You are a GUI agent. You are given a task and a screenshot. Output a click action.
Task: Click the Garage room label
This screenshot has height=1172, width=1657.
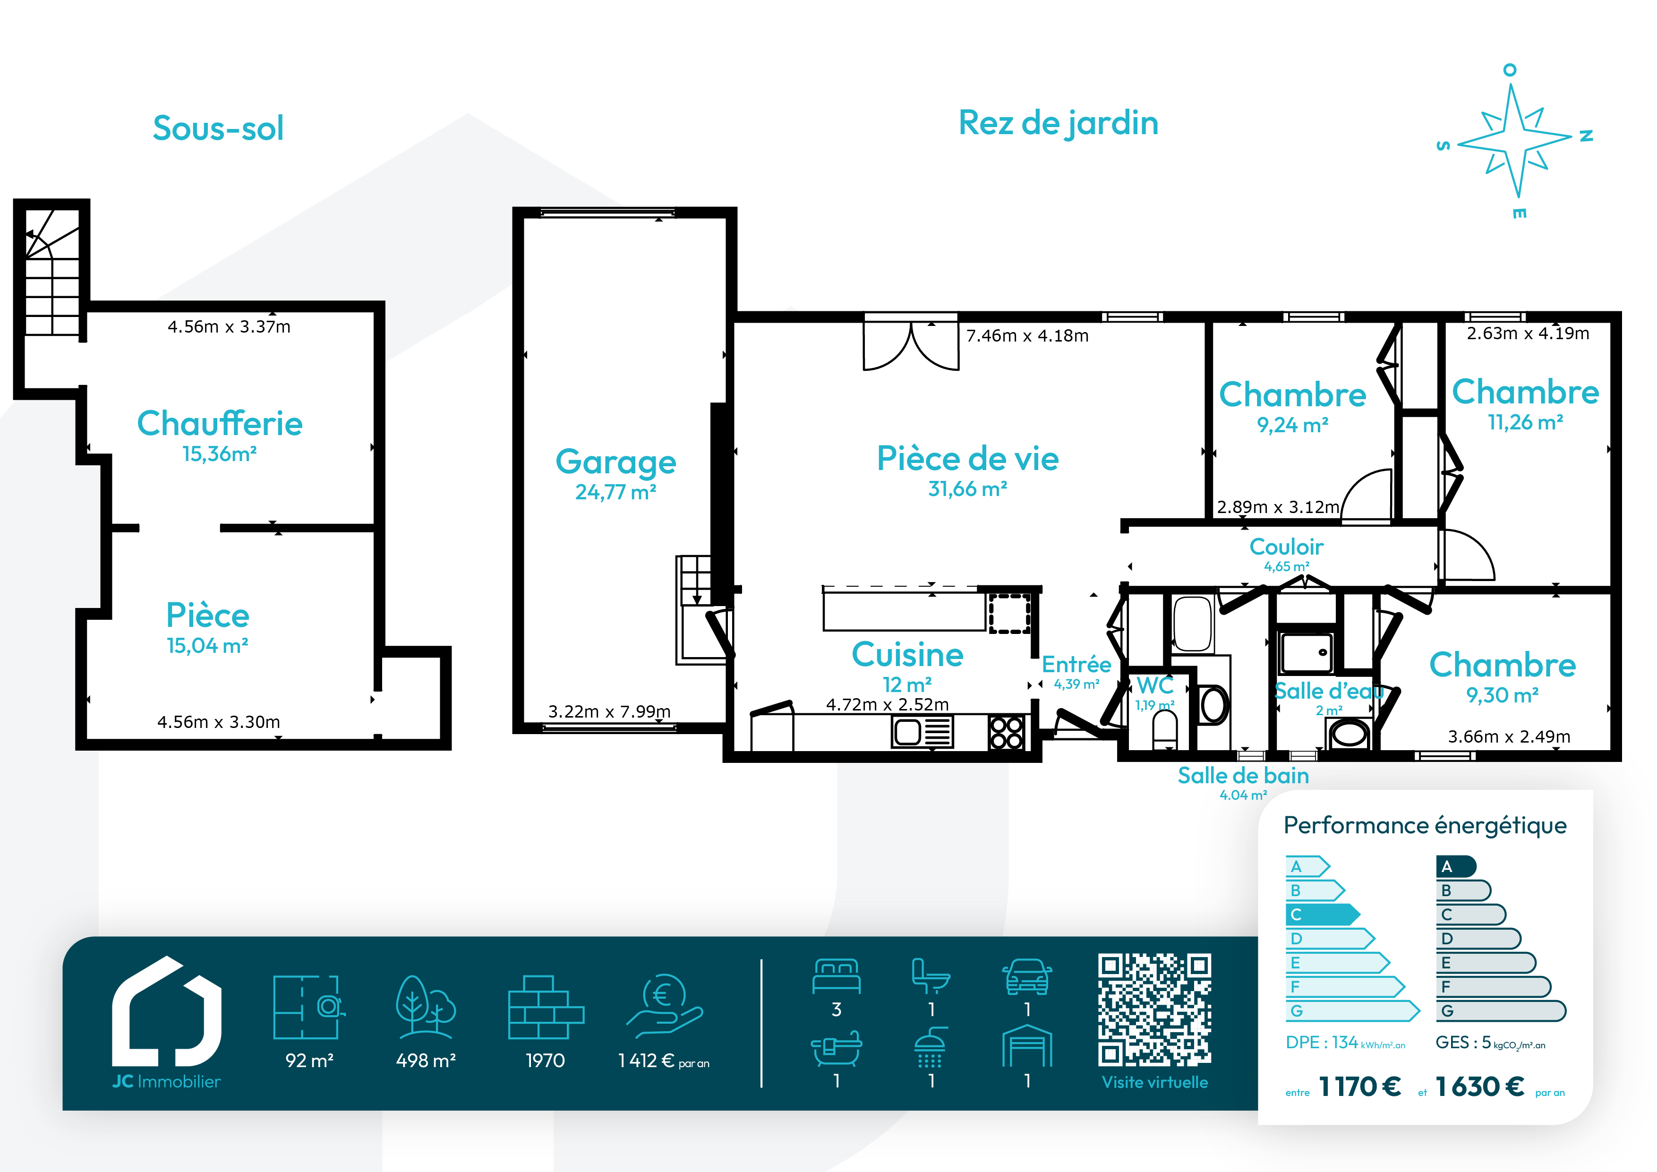coord(615,462)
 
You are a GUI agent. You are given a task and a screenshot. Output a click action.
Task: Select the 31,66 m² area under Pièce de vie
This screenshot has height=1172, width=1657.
coord(968,489)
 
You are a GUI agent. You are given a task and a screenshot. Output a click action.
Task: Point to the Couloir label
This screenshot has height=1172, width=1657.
coord(1286,547)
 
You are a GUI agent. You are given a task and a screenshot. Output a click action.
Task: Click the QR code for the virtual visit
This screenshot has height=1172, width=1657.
coord(1155,1010)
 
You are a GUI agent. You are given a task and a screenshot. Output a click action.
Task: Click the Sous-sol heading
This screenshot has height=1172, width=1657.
coord(218,128)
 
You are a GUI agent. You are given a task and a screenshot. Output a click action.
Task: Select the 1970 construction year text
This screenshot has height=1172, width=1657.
coord(545,1061)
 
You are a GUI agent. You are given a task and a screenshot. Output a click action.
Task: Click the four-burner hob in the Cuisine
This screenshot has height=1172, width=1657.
coord(1006,732)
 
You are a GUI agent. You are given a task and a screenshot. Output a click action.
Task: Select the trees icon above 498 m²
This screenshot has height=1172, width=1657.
coord(425,1007)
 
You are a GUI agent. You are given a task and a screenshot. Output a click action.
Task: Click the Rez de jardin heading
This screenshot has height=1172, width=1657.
coord(1058,123)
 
